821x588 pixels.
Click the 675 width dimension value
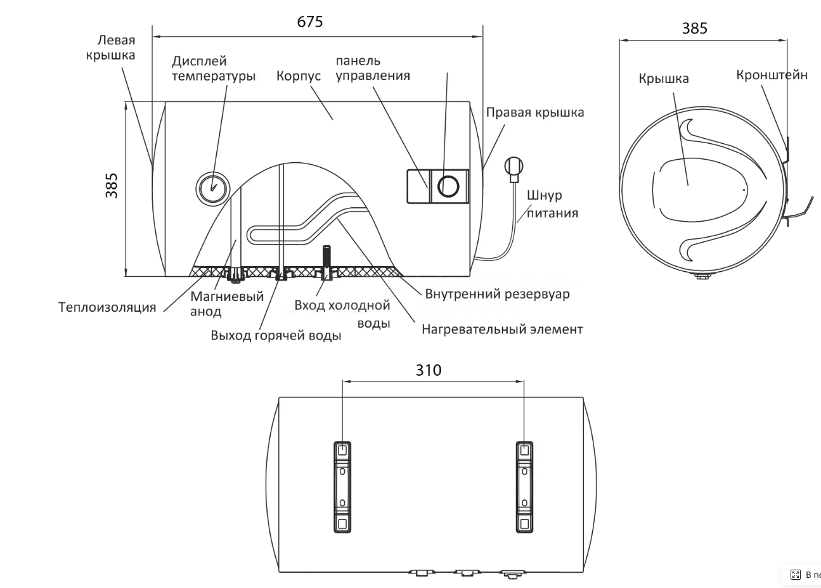[310, 22]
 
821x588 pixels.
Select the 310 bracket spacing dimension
[428, 370]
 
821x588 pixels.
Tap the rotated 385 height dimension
[112, 185]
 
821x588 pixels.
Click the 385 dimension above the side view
[694, 29]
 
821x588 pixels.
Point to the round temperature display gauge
[212, 187]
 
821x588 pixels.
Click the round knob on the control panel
[449, 186]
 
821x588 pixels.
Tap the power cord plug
[514, 168]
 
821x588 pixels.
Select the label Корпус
[299, 76]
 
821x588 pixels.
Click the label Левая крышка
[111, 48]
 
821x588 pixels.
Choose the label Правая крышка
[535, 112]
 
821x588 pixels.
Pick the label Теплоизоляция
[107, 307]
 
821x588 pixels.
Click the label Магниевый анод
[226, 304]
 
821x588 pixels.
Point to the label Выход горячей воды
[276, 335]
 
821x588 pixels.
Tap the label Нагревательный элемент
[502, 329]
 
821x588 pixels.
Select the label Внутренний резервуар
[497, 294]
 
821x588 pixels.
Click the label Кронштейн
[772, 75]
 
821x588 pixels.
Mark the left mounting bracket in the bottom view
[342, 487]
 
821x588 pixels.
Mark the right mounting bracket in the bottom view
[524, 487]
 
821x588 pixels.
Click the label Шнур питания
[552, 204]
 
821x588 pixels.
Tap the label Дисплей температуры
[214, 68]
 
